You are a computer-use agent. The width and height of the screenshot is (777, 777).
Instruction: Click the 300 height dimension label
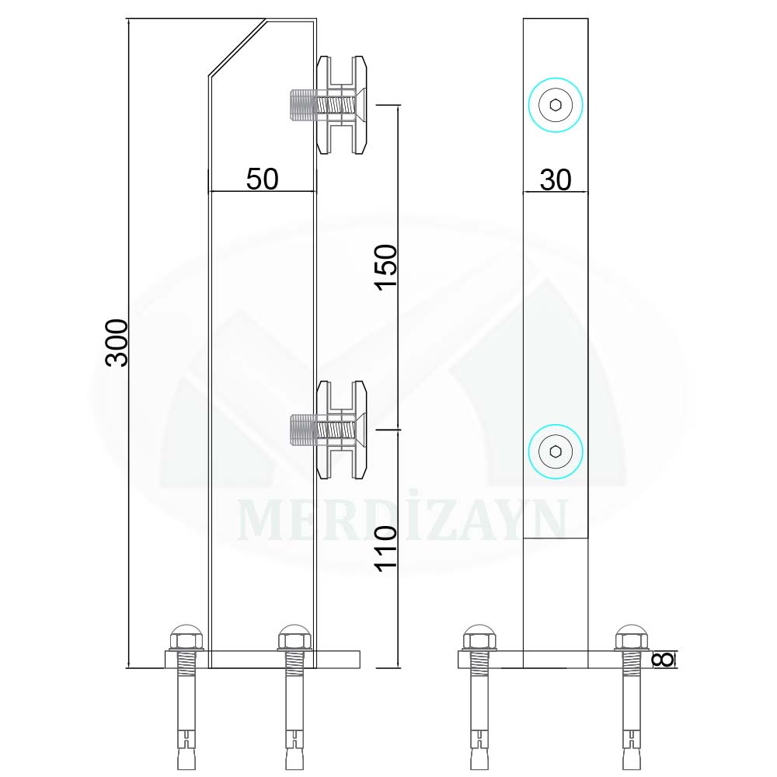(117, 343)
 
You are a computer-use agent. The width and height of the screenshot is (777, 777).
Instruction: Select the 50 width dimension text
(262, 179)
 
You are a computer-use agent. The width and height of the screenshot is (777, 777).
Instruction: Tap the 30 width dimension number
(556, 180)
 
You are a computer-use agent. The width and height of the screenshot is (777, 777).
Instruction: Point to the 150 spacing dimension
(386, 267)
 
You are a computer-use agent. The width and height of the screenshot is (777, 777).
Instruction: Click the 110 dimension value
(386, 549)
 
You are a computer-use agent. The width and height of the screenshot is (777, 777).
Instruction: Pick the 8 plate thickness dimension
(664, 659)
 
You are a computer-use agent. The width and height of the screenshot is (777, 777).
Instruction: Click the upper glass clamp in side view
(341, 105)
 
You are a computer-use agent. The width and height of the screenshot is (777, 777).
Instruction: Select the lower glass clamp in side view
(341, 430)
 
